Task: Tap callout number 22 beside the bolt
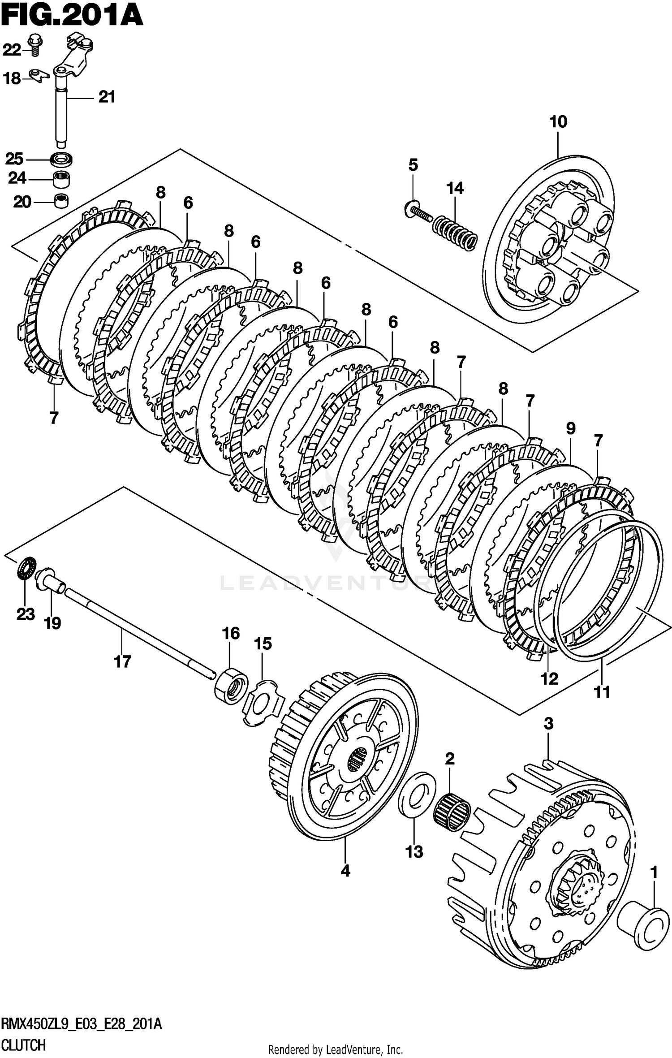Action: [x=12, y=50]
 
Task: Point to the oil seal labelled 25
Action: [x=62, y=159]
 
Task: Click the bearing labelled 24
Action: [x=62, y=179]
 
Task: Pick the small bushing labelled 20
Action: [x=61, y=201]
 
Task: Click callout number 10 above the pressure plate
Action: [x=558, y=122]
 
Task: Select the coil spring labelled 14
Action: [x=455, y=229]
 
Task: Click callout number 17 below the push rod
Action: [x=122, y=661]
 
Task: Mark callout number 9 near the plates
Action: [x=570, y=428]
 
